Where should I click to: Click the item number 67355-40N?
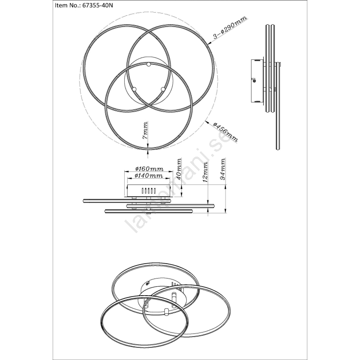tap(98, 5)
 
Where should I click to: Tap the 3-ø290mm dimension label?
tap(230, 27)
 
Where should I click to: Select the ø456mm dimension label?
tap(225, 132)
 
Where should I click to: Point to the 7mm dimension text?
tap(145, 130)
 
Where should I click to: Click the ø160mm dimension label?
tap(149, 169)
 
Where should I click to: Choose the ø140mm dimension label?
tap(149, 176)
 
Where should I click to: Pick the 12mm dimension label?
tap(205, 172)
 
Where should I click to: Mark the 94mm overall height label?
tap(222, 169)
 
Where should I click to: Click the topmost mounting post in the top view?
tap(148, 64)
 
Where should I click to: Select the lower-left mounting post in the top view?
tap(134, 89)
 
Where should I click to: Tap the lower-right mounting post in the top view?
tap(163, 89)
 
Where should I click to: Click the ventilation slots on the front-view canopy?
tap(148, 191)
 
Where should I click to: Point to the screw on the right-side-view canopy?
tap(254, 80)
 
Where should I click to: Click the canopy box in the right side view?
tap(257, 81)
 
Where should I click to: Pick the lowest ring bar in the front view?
tap(148, 211)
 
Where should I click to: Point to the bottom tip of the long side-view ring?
tap(278, 150)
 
